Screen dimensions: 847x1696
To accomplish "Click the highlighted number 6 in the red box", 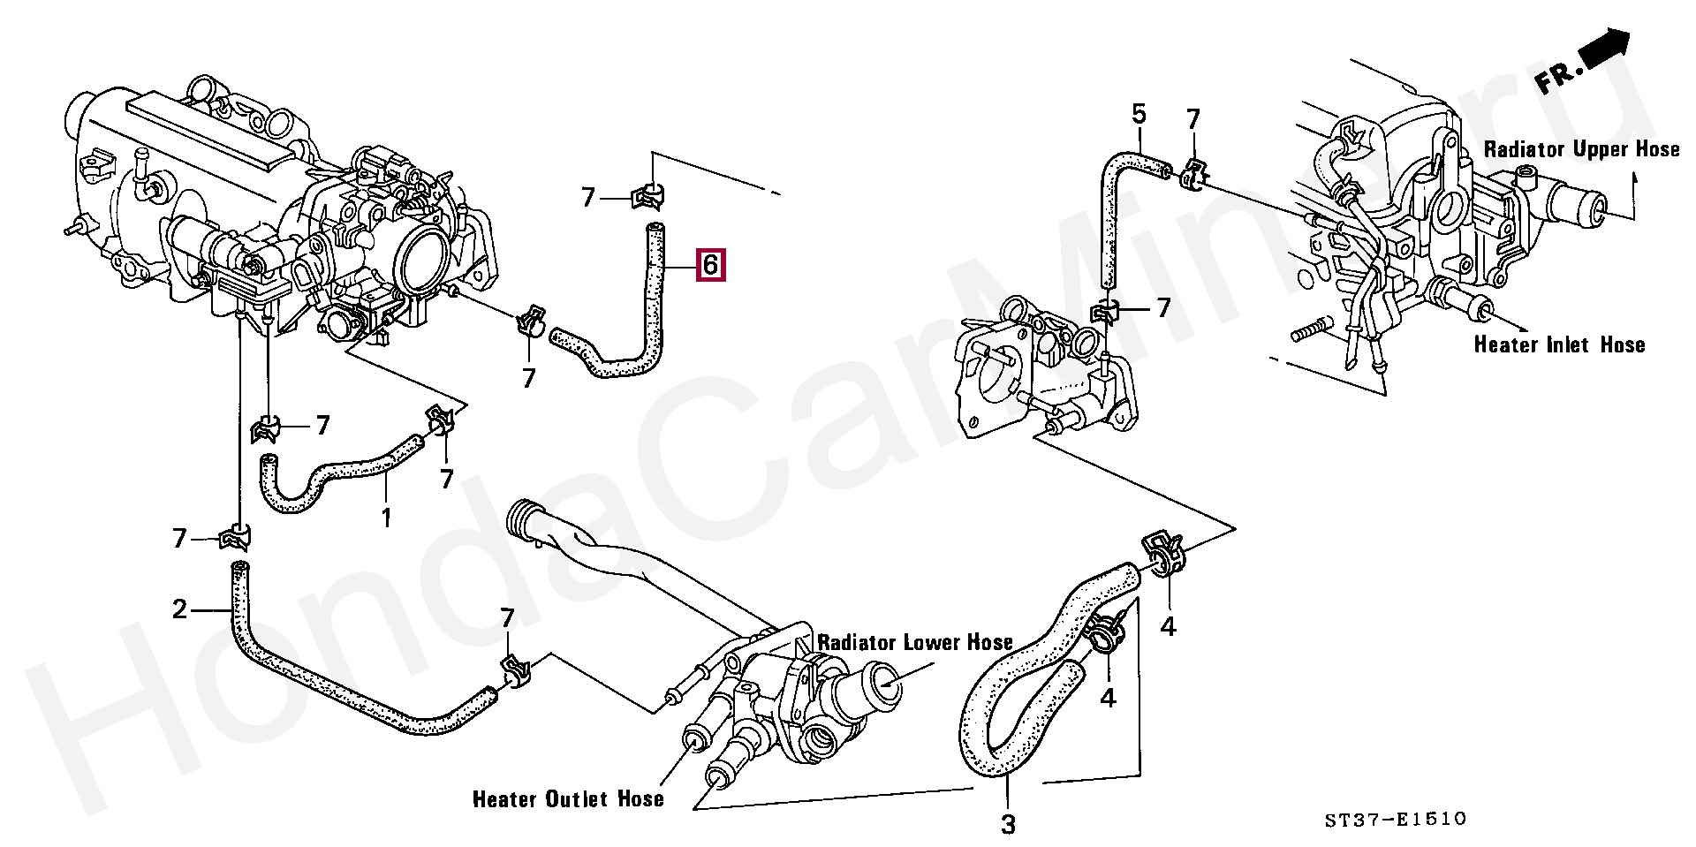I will click(711, 264).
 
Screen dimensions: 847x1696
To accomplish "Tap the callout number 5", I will click(1139, 114).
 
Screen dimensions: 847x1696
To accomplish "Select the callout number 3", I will click(1008, 825).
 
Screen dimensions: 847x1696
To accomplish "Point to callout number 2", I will click(180, 609).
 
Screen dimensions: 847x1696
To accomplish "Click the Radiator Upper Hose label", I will click(1581, 149).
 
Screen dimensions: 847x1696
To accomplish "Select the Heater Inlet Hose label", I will click(1559, 344).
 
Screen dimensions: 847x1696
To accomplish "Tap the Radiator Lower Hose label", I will click(914, 642).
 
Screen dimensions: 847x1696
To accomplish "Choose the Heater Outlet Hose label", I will click(568, 799).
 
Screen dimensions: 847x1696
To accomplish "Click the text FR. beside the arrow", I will click(1556, 79).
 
